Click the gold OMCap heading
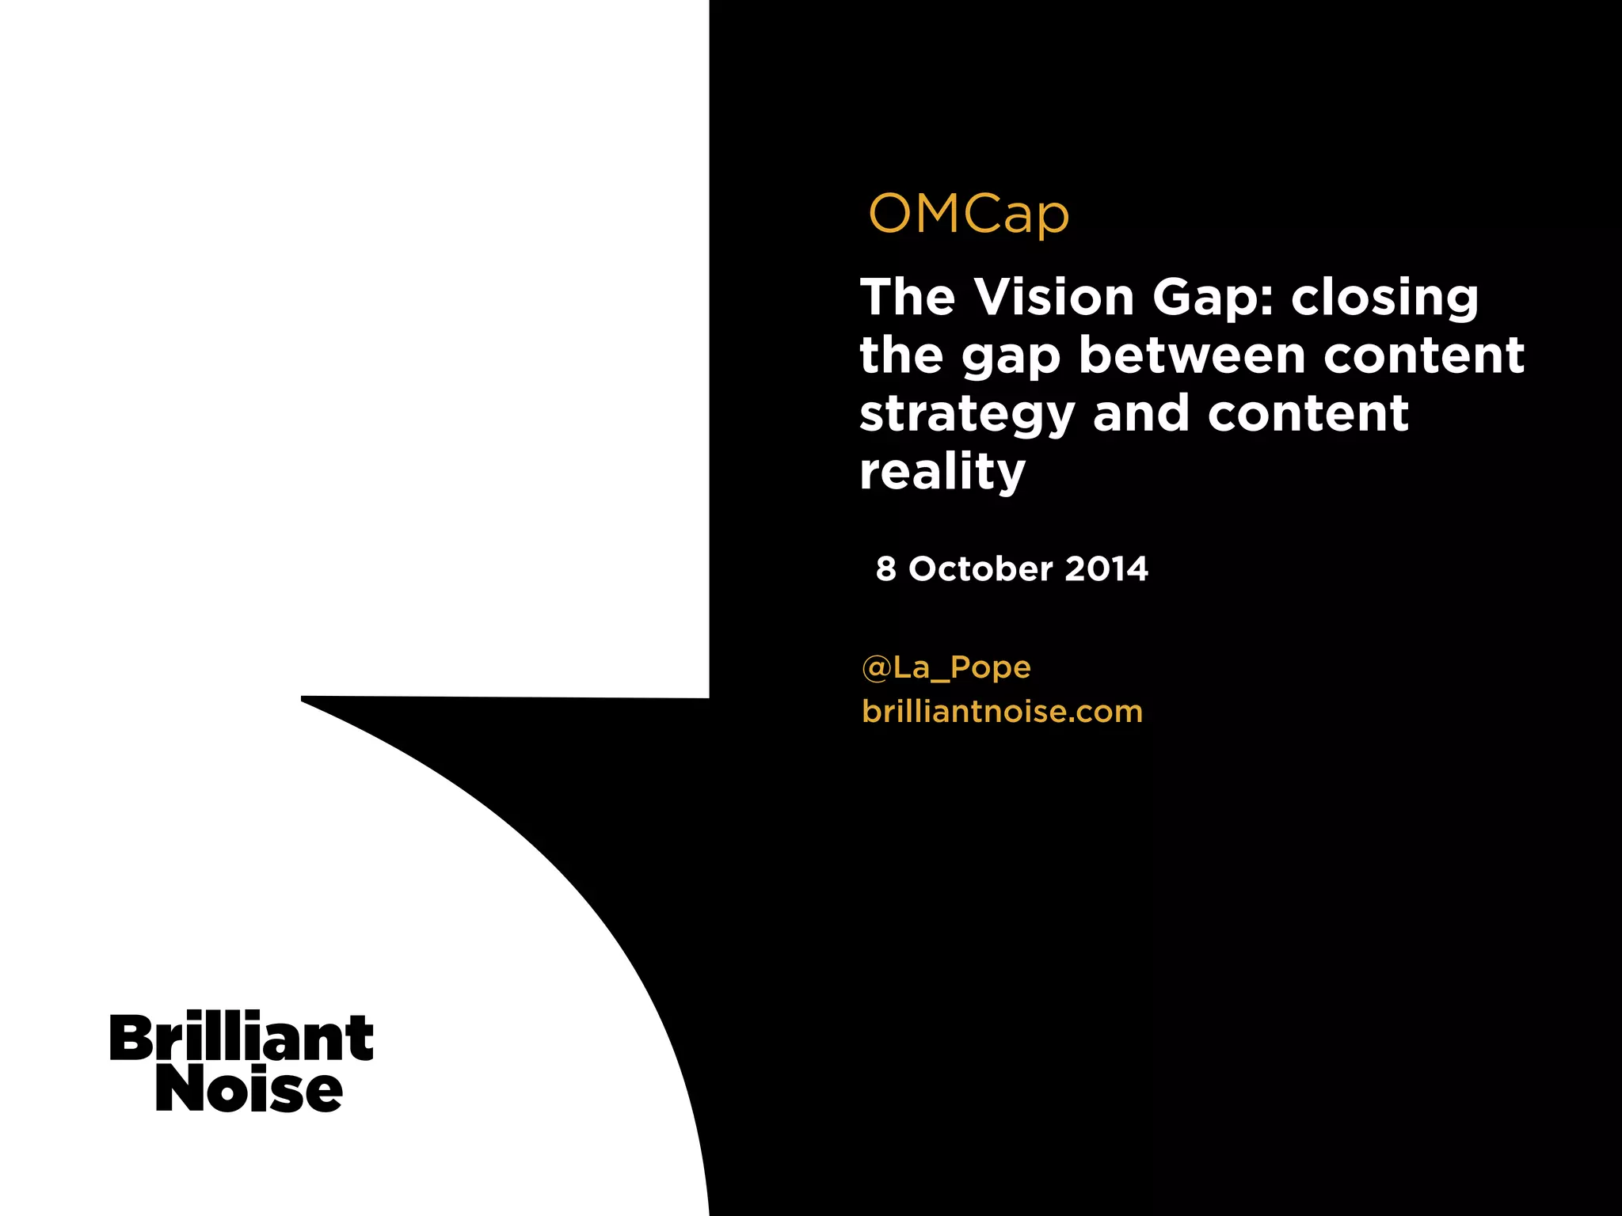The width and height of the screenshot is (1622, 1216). click(x=969, y=214)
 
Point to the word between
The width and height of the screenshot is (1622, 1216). click(x=1191, y=355)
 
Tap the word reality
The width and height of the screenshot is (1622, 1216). click(x=942, y=473)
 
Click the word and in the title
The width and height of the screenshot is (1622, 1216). click(x=1140, y=413)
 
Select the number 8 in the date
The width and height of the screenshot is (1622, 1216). click(x=886, y=569)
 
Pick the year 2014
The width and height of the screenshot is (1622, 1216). click(x=1106, y=569)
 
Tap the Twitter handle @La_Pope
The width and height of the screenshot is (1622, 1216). click(x=946, y=668)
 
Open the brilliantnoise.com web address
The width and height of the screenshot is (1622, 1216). click(x=1002, y=712)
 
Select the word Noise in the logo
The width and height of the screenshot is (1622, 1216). click(x=249, y=1090)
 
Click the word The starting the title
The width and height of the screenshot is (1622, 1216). click(x=908, y=298)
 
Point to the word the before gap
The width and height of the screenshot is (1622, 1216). click(x=901, y=355)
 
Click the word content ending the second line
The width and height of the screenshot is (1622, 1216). click(x=1423, y=355)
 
